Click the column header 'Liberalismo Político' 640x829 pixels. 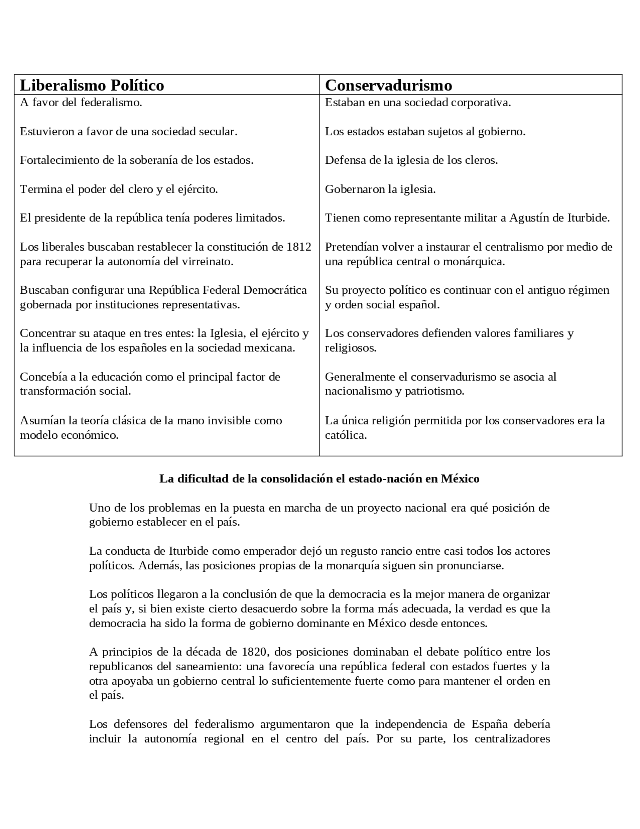click(92, 85)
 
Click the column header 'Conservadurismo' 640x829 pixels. click(388, 85)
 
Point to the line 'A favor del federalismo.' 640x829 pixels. click(81, 103)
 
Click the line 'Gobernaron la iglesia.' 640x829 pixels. click(380, 189)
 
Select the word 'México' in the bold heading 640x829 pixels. click(460, 479)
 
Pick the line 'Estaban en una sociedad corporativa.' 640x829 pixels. click(418, 103)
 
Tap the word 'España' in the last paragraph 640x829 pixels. click(489, 724)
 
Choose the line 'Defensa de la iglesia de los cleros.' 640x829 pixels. click(411, 160)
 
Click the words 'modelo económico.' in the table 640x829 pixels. click(69, 435)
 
